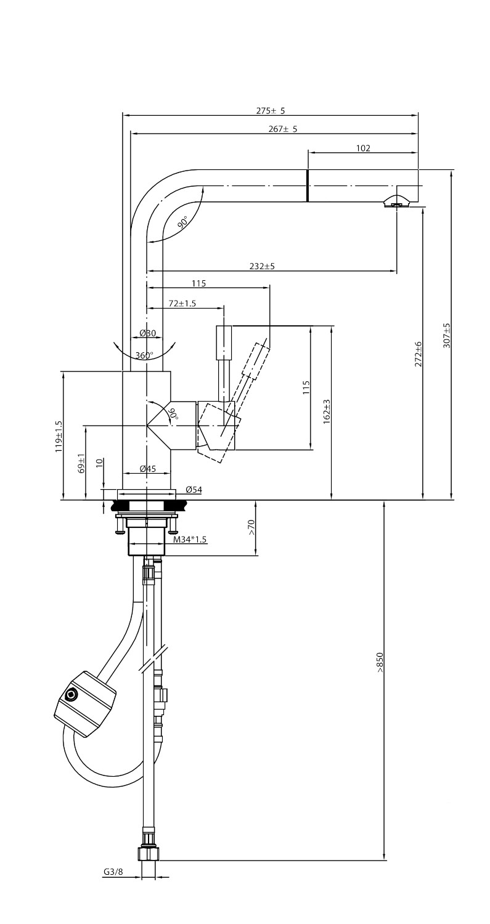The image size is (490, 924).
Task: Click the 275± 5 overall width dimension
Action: tap(271, 111)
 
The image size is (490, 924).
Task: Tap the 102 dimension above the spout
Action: tap(363, 148)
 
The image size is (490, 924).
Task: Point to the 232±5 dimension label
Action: tap(262, 266)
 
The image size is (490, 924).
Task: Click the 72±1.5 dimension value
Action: tap(182, 303)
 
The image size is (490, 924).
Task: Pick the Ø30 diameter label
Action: tap(148, 333)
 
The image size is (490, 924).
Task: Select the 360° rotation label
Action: tap(144, 355)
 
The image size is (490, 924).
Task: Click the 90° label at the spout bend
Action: tap(183, 223)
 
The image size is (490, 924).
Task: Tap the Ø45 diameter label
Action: tap(148, 469)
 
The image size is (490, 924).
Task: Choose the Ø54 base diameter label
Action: tap(194, 490)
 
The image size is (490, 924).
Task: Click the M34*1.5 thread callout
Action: tap(190, 540)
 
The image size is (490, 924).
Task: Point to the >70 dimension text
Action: tap(251, 527)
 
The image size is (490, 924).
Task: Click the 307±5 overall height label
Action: tap(447, 336)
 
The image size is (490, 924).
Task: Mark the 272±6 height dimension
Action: tap(419, 354)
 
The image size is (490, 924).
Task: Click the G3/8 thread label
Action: tap(113, 872)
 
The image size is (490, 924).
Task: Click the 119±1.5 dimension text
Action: tap(59, 437)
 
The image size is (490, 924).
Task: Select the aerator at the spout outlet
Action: tap(395, 202)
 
